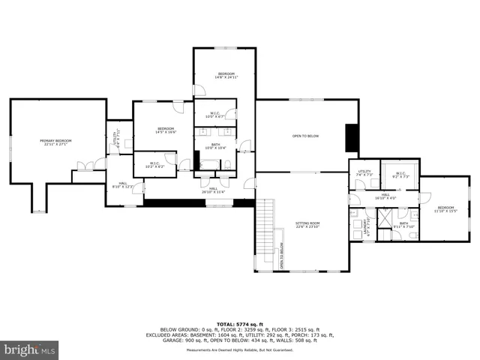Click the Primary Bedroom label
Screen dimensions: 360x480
tap(56, 142)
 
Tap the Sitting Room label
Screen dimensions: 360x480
tap(307, 224)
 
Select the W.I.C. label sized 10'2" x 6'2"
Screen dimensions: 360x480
tap(155, 164)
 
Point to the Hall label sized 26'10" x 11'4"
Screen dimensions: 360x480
tap(213, 190)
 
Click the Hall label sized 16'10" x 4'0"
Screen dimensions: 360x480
tap(385, 196)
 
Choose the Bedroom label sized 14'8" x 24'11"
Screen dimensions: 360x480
tap(225, 75)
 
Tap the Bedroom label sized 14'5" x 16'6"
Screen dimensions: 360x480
tap(166, 130)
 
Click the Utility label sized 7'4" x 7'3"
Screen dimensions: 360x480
tap(364, 173)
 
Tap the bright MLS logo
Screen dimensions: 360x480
tap(30, 349)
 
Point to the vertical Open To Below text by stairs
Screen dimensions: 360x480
tap(283, 255)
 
